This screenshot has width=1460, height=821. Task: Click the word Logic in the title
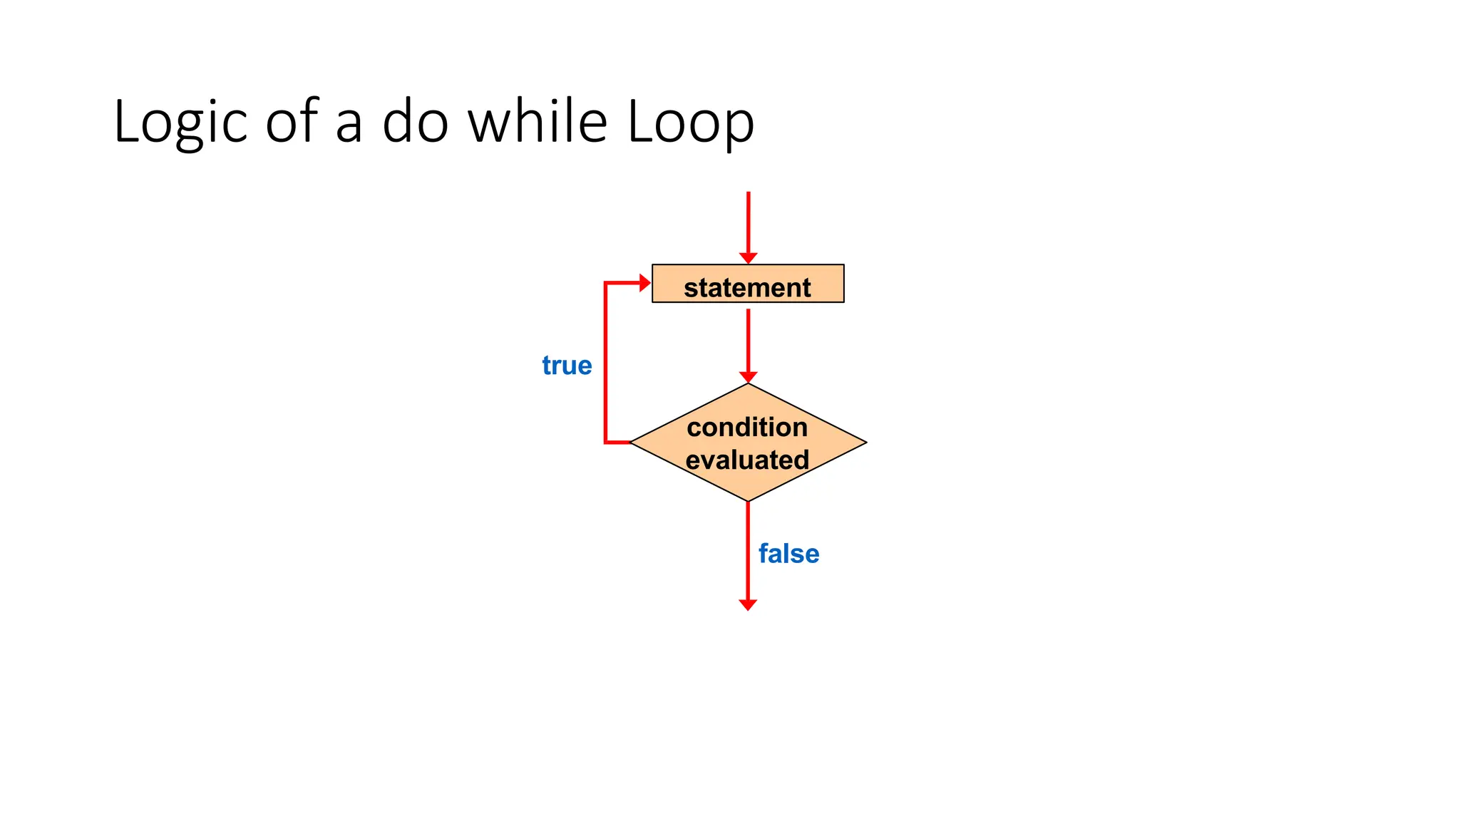click(180, 123)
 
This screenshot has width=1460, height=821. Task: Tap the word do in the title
click(416, 121)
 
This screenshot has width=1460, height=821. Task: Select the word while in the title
click(538, 121)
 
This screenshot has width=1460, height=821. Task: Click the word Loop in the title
click(690, 123)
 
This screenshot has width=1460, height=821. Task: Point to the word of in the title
click(292, 121)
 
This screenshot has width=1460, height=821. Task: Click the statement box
click(748, 284)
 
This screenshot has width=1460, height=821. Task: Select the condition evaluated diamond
click(748, 443)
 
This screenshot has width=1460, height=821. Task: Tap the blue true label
click(567, 366)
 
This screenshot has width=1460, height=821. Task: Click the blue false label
click(788, 554)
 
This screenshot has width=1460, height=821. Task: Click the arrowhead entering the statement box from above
click(748, 258)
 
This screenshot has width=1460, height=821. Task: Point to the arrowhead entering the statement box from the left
click(645, 283)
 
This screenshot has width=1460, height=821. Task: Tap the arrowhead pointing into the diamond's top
click(748, 377)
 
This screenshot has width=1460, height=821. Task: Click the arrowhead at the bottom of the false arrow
click(748, 605)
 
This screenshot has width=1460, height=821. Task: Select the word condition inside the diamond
click(747, 427)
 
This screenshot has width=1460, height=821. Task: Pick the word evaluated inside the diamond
click(747, 460)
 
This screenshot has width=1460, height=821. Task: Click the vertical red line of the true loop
click(605, 363)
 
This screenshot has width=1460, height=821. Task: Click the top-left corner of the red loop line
click(605, 283)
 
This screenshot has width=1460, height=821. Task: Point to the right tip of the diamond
click(865, 443)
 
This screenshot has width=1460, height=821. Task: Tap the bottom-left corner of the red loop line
click(605, 443)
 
